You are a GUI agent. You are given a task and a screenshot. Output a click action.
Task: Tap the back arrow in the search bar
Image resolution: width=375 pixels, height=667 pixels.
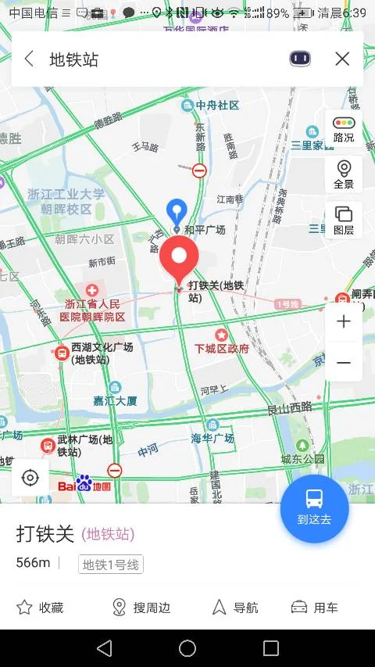coord(30,59)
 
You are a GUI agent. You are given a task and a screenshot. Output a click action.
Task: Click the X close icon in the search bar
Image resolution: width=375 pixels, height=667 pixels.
coord(341,59)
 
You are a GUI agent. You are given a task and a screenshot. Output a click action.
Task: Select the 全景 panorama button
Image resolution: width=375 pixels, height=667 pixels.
coord(343,174)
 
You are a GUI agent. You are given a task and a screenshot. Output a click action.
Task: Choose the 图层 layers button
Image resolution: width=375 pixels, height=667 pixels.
coord(343,220)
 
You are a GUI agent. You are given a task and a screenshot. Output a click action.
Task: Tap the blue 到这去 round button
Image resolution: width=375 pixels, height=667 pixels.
coord(314,508)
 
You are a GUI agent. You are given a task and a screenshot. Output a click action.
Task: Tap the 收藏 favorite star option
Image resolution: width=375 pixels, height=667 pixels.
coord(40,608)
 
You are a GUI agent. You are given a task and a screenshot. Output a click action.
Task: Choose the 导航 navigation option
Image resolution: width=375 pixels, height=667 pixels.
coord(235,608)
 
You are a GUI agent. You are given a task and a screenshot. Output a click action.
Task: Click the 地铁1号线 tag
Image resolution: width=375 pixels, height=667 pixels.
coord(110,565)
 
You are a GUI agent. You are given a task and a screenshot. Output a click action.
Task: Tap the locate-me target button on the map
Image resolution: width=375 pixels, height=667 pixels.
coord(30,477)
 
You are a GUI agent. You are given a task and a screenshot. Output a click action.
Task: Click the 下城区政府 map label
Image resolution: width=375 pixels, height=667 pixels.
coord(222,349)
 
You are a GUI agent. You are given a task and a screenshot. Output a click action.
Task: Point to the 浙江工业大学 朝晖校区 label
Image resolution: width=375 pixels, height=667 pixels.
coord(66,202)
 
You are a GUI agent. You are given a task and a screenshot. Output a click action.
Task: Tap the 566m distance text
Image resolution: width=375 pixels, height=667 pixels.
coord(33,563)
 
